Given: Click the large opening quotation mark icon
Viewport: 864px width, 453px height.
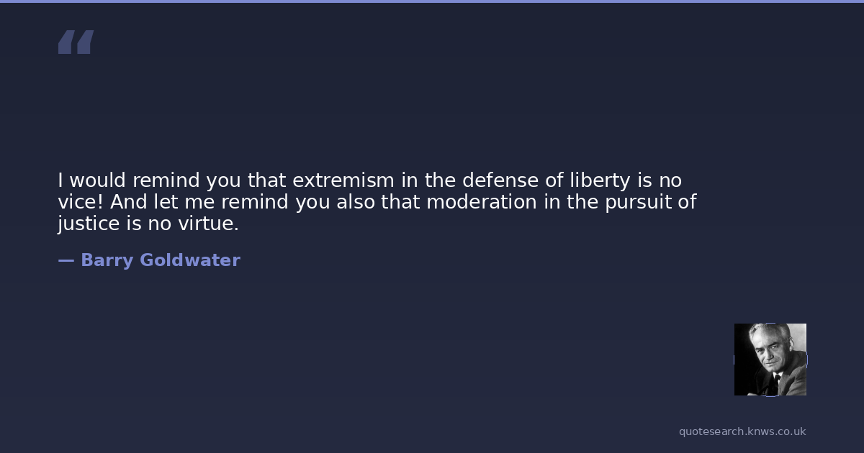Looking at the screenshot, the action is point(76,42).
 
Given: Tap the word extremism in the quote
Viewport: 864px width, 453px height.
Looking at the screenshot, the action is point(343,180).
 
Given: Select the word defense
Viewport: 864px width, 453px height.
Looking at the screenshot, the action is point(500,180).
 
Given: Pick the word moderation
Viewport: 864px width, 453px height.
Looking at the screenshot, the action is point(482,202).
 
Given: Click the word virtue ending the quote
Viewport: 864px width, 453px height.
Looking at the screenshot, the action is point(208,224).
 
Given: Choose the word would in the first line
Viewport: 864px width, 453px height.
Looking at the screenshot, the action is point(98,180).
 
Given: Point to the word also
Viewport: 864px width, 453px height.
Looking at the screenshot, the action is point(356,202).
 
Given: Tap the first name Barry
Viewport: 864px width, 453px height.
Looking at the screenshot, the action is point(107,261).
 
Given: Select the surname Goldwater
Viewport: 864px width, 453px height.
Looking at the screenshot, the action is point(190,260).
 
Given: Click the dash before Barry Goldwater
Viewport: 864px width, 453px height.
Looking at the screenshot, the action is point(66,261).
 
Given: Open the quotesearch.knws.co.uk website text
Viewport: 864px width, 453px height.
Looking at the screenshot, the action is point(742,431).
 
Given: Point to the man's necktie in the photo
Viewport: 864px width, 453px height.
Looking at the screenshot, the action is point(776,382).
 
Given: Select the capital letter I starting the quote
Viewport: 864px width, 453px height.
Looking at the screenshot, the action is point(60,180).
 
